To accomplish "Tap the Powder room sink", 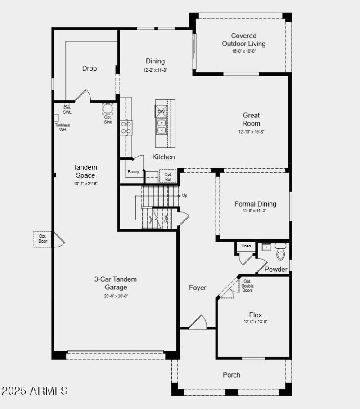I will coord(266,247).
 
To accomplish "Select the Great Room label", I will coord(251,119).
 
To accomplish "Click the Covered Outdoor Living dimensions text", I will coord(244,51).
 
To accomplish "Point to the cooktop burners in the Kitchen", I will coord(126,127).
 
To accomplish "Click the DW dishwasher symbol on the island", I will coord(161,112).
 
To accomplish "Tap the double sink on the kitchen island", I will coord(161,126).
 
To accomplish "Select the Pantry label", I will coord(133,171).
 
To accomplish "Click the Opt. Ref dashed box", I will coord(168,176).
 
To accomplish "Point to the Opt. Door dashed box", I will coord(43,239).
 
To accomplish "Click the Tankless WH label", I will coord(62,127).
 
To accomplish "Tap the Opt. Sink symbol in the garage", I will coord(108,109).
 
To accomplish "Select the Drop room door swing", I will coord(83,96).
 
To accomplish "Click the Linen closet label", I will coord(246,246).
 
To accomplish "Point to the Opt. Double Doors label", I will coord(247,286).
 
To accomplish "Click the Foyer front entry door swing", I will coord(198,322).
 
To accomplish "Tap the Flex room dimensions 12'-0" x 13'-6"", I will coord(255,322).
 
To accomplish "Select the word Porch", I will coord(232,375).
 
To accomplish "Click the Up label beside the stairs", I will coord(184,196).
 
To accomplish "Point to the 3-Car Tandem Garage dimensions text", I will coord(116,296).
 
